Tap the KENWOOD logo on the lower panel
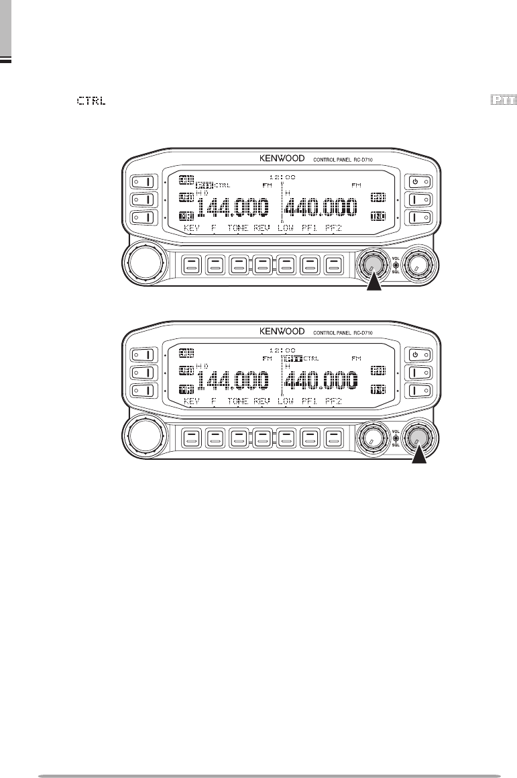281,332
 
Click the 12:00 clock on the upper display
282,177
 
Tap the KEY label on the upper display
192,228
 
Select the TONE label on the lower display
237,399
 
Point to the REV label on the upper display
261,228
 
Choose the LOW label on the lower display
286,399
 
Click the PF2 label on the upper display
333,228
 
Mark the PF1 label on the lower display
309,399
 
